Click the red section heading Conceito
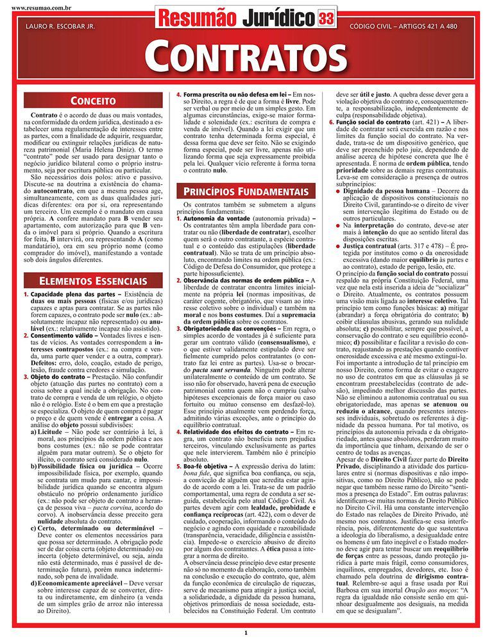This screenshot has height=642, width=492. coord(92,101)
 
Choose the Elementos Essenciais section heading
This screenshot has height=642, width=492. coord(92,281)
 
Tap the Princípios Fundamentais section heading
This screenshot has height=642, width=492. coord(246,191)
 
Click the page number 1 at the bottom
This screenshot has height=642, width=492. coord(246,633)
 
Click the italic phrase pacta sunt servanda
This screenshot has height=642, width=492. coord(226,371)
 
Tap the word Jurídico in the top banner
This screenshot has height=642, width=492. coord(278,18)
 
